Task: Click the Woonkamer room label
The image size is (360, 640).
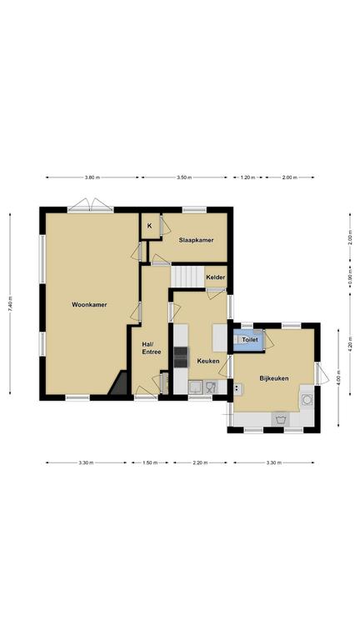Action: coord(89,304)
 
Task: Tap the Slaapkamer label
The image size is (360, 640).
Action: coord(196,240)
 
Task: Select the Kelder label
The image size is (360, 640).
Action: coord(216,277)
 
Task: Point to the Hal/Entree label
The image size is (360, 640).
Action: coord(152,347)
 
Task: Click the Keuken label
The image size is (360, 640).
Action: coord(208,361)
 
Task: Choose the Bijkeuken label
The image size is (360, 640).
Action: coord(274,378)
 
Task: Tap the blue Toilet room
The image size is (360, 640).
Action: coord(248,340)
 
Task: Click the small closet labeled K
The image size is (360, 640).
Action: coord(150,226)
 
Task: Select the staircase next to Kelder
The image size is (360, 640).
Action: coord(187,277)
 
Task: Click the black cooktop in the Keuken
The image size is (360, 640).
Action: coord(181,357)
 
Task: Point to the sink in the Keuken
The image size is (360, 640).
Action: coord(195,387)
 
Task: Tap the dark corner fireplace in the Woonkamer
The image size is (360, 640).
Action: coord(119,382)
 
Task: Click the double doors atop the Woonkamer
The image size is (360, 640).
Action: coord(91,205)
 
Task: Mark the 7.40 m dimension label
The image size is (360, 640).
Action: coord(10,304)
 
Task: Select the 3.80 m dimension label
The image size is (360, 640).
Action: coord(92,177)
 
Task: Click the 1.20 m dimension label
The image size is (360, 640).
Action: coord(247,177)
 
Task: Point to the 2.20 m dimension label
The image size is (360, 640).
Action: coord(200,462)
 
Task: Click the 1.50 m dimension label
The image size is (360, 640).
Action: coord(150,462)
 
